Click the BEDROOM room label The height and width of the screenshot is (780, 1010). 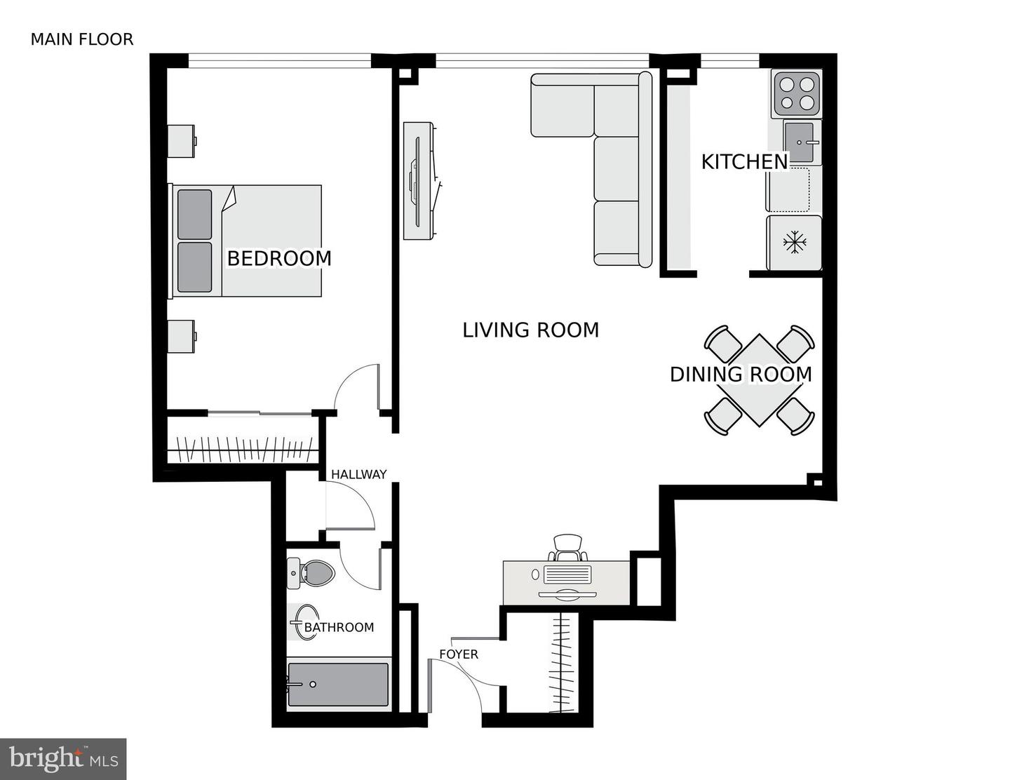click(x=279, y=258)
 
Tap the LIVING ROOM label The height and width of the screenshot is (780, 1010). click(x=531, y=330)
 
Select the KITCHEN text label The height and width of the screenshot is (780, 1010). click(x=745, y=162)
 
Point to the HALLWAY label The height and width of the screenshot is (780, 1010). click(x=359, y=475)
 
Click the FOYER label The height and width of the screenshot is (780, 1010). click(x=459, y=654)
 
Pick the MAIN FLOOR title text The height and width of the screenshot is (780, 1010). click(x=82, y=39)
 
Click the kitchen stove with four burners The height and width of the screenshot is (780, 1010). click(x=797, y=93)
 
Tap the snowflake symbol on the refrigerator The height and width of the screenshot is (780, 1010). click(x=795, y=243)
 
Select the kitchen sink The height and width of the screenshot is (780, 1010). click(x=800, y=142)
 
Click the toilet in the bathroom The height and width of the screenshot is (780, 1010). click(x=313, y=574)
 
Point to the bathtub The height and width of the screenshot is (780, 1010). click(x=339, y=685)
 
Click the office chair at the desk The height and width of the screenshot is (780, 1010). click(x=568, y=546)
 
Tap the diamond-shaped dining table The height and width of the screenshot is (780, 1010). click(x=759, y=380)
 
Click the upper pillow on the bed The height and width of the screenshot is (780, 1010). click(x=194, y=214)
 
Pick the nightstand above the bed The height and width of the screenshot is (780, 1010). click(x=182, y=141)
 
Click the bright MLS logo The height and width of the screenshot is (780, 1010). click(x=63, y=759)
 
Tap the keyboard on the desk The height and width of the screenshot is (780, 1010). click(x=568, y=575)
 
